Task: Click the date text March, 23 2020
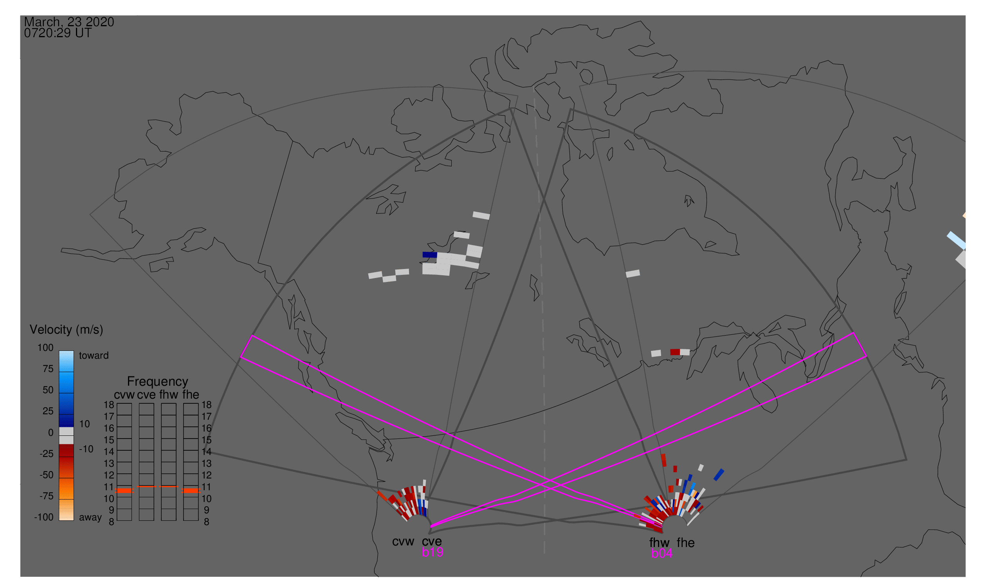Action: point(69,22)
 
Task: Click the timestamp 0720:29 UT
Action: point(58,33)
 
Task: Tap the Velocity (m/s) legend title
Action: point(66,330)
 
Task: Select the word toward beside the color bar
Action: point(94,356)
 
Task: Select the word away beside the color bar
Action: point(90,518)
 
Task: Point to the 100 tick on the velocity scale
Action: point(45,348)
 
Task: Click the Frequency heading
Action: point(158,382)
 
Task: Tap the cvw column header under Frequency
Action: point(124,395)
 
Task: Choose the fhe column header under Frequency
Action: point(191,395)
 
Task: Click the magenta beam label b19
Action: point(433,552)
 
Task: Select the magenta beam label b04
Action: point(662,554)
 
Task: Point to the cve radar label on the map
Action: point(432,542)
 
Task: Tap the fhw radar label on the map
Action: point(659,543)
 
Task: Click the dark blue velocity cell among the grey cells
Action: point(429,255)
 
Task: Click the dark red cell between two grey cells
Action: point(675,352)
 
